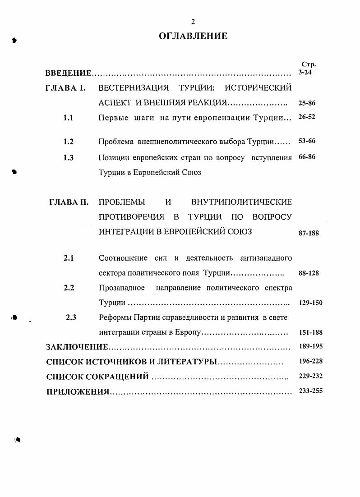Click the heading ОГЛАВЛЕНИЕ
pos(193,37)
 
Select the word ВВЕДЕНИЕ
pos(69,73)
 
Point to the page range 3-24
pos(305,72)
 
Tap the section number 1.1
pos(69,118)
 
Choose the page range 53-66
pos(307,141)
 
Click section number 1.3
pos(69,157)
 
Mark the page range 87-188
pos(309,233)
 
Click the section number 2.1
pos(69,258)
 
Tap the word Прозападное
pos(122,288)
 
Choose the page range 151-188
pos(310,333)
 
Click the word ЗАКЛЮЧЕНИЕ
pos(77,347)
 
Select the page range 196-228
pos(310,361)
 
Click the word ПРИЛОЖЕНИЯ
pos(78,391)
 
